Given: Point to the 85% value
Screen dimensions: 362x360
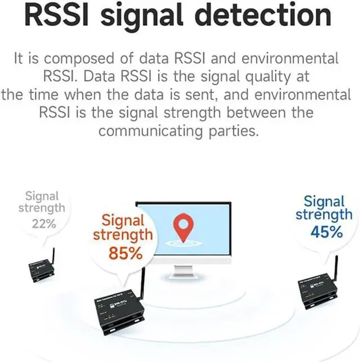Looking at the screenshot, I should coord(125,253).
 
